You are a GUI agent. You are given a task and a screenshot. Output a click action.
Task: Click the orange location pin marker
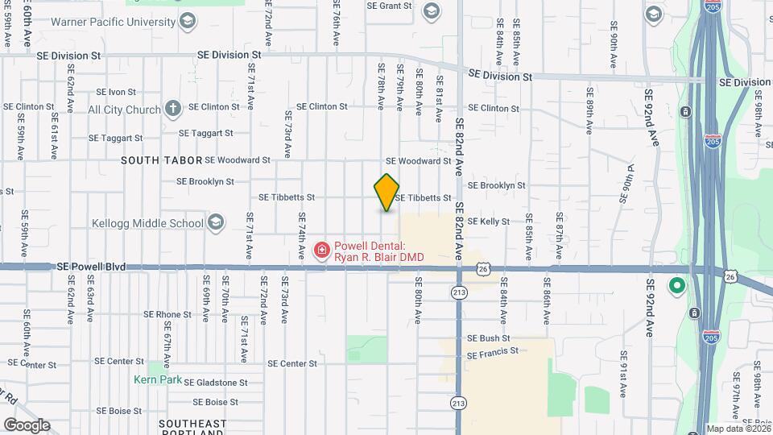point(386,192)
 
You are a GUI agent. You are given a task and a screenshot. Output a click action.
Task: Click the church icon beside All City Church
point(172,109)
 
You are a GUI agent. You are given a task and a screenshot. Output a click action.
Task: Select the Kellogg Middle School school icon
point(215,223)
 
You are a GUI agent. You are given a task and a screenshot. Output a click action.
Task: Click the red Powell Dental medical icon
point(321,251)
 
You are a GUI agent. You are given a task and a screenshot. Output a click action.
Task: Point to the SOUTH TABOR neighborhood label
point(160,160)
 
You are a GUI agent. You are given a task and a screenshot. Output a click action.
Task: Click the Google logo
point(27,425)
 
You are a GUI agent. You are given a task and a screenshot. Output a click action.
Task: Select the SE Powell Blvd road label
point(92,267)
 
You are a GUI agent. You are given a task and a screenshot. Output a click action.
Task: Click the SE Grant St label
point(389,6)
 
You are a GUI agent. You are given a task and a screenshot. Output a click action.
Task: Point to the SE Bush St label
point(483,338)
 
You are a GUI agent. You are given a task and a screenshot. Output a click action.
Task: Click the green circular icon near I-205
point(677,286)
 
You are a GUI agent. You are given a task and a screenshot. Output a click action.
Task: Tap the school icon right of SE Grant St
point(432,10)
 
